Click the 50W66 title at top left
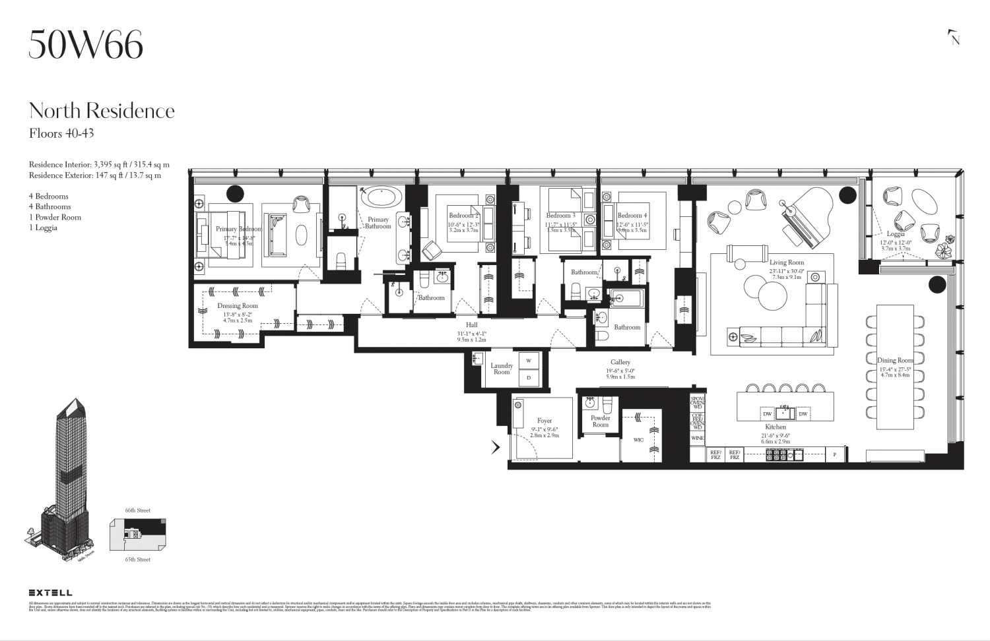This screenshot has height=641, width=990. [x=86, y=45]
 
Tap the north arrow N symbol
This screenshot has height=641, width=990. [x=954, y=38]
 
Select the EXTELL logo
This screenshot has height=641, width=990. [x=50, y=593]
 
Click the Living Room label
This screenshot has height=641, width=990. [x=787, y=262]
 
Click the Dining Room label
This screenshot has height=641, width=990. [x=895, y=360]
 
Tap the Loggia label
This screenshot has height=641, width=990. [x=896, y=234]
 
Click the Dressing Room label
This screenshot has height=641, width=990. [x=238, y=306]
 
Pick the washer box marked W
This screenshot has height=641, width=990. [x=529, y=361]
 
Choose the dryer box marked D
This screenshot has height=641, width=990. [x=529, y=378]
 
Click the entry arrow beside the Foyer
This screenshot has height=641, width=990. [x=496, y=447]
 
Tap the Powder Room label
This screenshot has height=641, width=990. [x=600, y=421]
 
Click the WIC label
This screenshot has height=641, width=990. [x=638, y=440]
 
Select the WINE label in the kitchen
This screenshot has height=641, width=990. [x=697, y=438]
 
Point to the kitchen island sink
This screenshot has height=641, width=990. [x=784, y=413]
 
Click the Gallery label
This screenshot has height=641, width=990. [x=620, y=362]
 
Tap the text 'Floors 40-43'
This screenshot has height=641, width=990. [x=61, y=133]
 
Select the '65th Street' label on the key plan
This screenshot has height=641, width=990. [x=138, y=559]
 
